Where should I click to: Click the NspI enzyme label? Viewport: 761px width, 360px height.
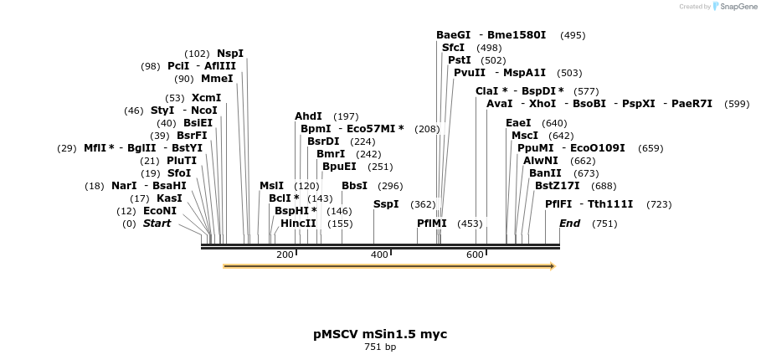(230, 54)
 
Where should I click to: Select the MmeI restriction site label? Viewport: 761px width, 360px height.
(217, 79)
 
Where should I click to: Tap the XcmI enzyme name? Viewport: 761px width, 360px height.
(206, 98)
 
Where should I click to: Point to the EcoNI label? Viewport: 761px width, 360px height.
(160, 211)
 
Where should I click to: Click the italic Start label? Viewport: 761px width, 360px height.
(157, 224)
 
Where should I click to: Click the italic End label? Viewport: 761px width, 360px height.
(569, 224)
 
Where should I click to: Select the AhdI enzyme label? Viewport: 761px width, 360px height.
(308, 116)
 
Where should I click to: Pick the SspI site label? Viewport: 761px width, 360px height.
(386, 203)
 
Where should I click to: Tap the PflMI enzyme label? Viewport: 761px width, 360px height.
(432, 224)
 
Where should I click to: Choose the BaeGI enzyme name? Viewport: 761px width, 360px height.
(453, 35)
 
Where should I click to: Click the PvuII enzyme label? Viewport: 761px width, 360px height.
(470, 73)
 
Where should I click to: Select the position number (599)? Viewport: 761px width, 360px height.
(737, 104)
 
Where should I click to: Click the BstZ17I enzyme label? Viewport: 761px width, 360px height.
(557, 186)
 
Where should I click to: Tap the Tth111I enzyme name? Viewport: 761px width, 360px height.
(610, 204)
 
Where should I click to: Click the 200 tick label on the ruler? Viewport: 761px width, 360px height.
(285, 255)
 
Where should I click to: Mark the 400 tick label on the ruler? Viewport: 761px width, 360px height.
(380, 255)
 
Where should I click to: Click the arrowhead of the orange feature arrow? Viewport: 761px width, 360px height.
(552, 266)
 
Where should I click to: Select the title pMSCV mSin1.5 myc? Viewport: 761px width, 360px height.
(380, 334)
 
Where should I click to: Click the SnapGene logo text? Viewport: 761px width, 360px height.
(736, 7)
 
